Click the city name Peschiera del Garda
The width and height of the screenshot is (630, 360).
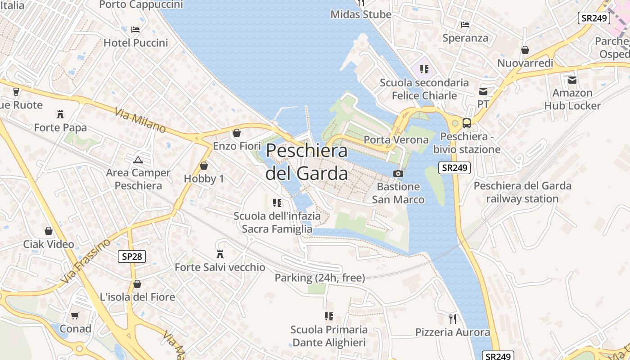click(x=307, y=162)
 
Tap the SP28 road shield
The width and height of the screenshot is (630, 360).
click(x=132, y=256)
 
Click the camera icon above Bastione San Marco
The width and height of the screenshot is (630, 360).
click(x=398, y=173)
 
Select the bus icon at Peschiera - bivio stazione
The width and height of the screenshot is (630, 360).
click(x=467, y=123)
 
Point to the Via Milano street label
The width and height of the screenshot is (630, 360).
click(x=140, y=120)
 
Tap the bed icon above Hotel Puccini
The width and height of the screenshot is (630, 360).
click(x=135, y=30)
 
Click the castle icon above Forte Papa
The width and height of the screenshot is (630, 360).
click(x=60, y=114)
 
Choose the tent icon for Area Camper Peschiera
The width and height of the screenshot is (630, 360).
click(x=138, y=160)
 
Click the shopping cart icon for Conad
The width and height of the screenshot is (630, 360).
click(x=75, y=315)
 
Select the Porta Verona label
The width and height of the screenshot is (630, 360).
click(x=396, y=139)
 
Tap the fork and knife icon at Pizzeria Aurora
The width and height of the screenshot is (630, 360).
click(x=453, y=319)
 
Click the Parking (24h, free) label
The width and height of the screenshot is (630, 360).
click(x=319, y=278)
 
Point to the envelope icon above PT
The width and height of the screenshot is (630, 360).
click(x=483, y=91)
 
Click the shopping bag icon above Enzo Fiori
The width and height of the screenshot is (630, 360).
click(x=237, y=133)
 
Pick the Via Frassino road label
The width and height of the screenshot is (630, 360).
click(x=85, y=261)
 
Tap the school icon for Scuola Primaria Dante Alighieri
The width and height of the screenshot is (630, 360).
click(x=329, y=316)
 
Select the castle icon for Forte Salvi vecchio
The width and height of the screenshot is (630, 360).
click(x=220, y=254)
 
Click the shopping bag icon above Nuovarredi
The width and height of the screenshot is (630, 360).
click(x=525, y=50)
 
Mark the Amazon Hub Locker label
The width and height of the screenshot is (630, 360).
click(x=572, y=99)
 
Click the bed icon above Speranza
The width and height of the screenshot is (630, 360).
click(x=465, y=25)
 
